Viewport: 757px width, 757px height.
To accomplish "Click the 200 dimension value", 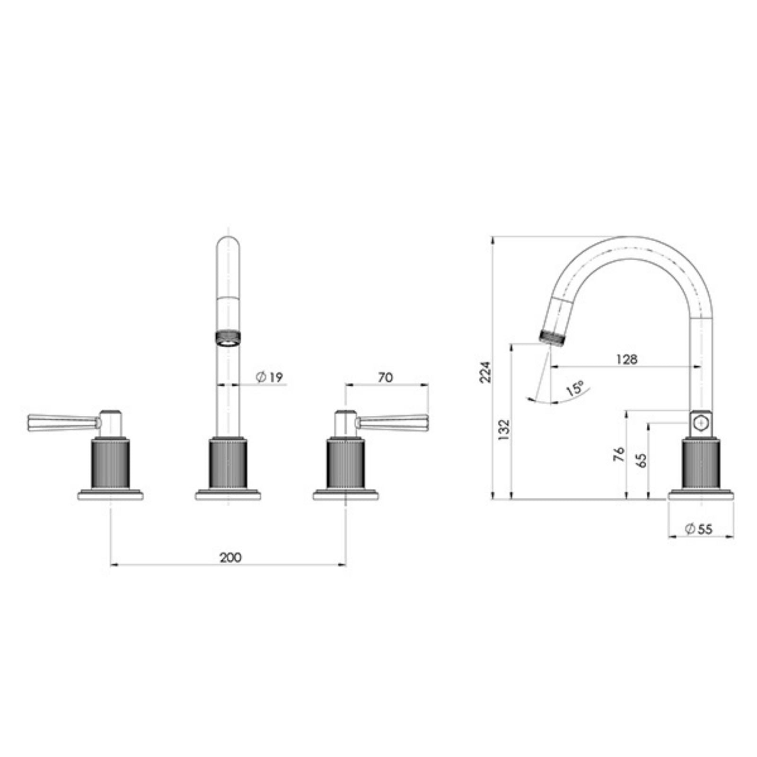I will tap(230, 557).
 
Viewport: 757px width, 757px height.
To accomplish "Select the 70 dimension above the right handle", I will tap(386, 377).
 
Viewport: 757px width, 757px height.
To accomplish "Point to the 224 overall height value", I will tap(486, 371).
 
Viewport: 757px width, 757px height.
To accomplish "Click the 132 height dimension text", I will tap(504, 430).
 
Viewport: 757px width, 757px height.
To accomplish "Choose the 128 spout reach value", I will tap(627, 359).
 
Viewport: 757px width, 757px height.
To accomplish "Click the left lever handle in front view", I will tap(62, 421).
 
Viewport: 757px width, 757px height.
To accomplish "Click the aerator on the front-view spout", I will tap(228, 338).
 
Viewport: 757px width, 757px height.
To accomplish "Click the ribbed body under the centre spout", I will tap(228, 464).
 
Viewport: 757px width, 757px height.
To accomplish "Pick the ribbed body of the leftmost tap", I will tap(110, 464).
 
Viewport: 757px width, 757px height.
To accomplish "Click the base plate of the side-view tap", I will tap(701, 495).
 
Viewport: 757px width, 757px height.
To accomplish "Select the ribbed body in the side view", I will tap(701, 464).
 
